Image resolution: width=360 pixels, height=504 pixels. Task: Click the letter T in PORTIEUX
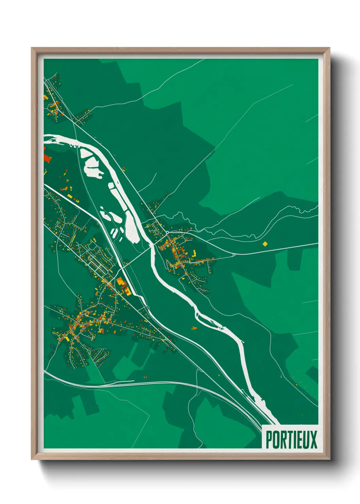point(288,440)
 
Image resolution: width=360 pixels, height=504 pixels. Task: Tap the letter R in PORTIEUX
point(282,440)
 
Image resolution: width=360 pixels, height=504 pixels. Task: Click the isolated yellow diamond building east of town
point(265,243)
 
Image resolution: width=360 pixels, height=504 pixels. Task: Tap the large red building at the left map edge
point(47,159)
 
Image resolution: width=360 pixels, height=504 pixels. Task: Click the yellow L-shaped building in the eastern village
point(194,253)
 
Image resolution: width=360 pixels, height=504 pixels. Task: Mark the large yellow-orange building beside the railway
point(121,283)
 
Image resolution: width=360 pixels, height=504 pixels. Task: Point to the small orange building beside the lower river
point(194,328)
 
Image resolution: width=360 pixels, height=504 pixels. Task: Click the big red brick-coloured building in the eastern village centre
point(181,253)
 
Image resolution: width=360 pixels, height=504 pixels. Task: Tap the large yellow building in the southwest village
point(67,338)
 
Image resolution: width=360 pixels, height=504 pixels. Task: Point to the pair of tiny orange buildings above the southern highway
point(145,377)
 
